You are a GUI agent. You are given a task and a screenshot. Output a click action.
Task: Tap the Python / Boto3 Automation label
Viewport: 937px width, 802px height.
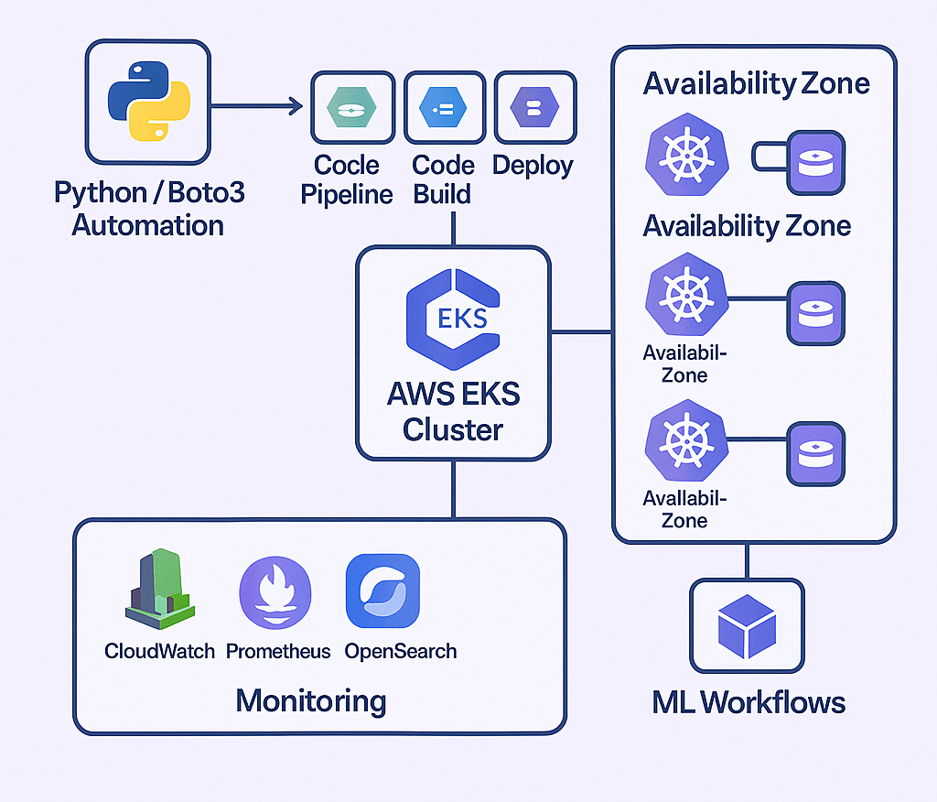coord(149,209)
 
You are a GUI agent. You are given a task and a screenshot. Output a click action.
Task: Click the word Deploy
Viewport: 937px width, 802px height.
coord(533,166)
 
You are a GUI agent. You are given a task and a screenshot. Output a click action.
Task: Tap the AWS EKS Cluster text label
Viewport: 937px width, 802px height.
coord(453,412)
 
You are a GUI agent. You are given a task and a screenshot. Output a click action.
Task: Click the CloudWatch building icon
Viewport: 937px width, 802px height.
coord(158,590)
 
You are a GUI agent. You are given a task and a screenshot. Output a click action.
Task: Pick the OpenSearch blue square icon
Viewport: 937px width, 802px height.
coord(382,591)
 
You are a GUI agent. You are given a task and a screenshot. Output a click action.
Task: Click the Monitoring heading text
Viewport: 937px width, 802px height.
coord(311,701)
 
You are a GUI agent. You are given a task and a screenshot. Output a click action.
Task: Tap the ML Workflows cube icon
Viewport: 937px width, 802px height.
coord(748,625)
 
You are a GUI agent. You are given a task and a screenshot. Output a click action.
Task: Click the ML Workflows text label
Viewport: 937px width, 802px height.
coord(749,702)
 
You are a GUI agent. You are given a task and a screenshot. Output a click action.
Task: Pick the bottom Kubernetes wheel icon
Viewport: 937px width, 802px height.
coord(685,446)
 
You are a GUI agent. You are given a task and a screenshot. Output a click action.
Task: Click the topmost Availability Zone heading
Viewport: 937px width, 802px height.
coord(756,84)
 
